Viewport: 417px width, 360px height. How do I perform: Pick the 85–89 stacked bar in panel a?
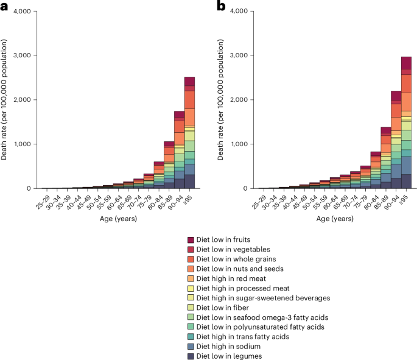coord(169,164)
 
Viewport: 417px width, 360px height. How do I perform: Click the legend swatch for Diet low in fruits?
coord(191,241)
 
